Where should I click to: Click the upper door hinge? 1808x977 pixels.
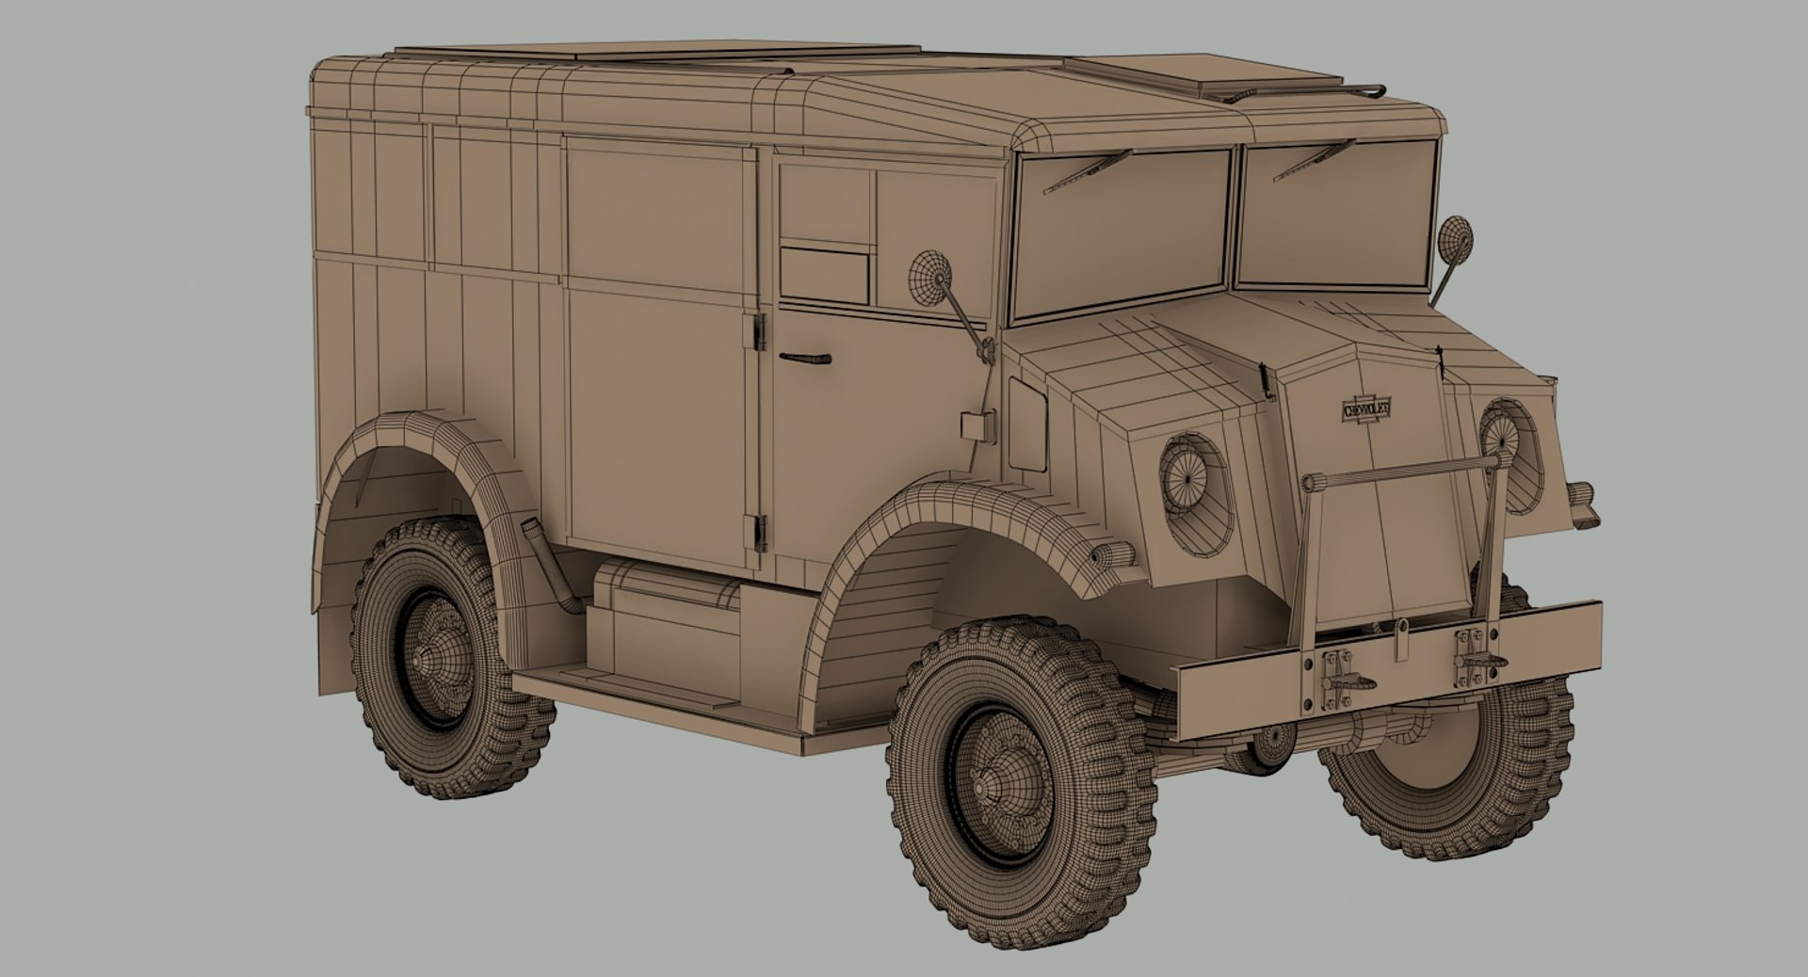pos(759,330)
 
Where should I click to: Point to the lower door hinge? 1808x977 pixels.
pos(759,532)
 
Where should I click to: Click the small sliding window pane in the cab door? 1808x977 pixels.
pos(825,275)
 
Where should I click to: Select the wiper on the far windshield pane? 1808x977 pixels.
pos(1313,160)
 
